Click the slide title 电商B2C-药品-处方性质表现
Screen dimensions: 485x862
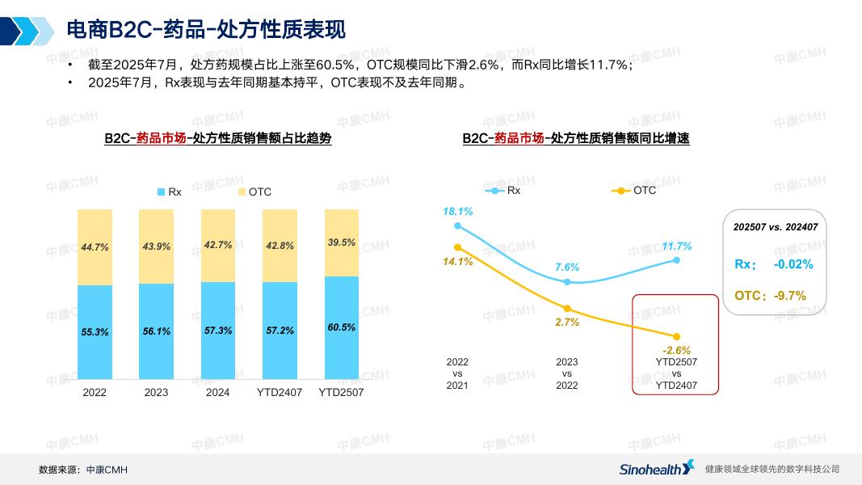205,30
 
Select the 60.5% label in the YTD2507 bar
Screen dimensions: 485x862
341,327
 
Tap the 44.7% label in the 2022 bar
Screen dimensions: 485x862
95,247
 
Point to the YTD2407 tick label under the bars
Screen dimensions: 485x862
280,392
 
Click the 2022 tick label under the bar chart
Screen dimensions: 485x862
95,392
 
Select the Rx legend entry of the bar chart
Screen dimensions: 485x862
169,192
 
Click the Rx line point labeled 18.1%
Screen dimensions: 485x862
457,226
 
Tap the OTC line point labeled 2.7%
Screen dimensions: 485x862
567,308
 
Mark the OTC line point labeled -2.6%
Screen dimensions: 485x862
676,336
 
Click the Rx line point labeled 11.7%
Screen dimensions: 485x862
676,259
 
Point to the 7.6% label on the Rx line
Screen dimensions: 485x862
567,267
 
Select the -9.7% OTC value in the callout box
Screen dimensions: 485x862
789,296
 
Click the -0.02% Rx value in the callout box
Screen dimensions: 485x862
793,264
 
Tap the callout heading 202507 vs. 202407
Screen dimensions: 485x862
774,227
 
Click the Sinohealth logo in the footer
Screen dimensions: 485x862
656,468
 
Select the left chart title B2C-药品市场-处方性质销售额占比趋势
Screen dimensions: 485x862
217,138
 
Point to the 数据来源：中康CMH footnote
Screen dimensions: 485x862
83,470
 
